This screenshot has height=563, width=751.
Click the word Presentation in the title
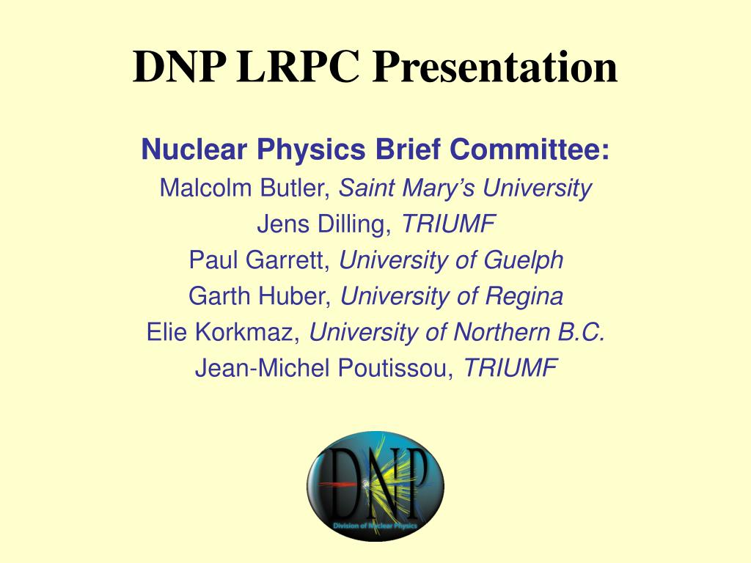pyautogui.click(x=494, y=67)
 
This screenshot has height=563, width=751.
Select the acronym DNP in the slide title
pyautogui.click(x=179, y=67)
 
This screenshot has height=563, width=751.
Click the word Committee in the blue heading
pyautogui.click(x=529, y=150)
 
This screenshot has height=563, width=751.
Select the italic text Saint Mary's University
pyautogui.click(x=465, y=188)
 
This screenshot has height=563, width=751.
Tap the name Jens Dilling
pyautogui.click(x=323, y=224)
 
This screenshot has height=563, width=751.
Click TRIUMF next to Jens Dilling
pyautogui.click(x=449, y=224)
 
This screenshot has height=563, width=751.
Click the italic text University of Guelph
pyautogui.click(x=452, y=260)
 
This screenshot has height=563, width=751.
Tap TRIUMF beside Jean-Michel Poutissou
pyautogui.click(x=510, y=369)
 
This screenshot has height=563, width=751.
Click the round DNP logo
pyautogui.click(x=375, y=486)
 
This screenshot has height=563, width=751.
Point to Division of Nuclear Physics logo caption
pyautogui.click(x=375, y=526)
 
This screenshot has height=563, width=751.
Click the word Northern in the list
pyautogui.click(x=496, y=333)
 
